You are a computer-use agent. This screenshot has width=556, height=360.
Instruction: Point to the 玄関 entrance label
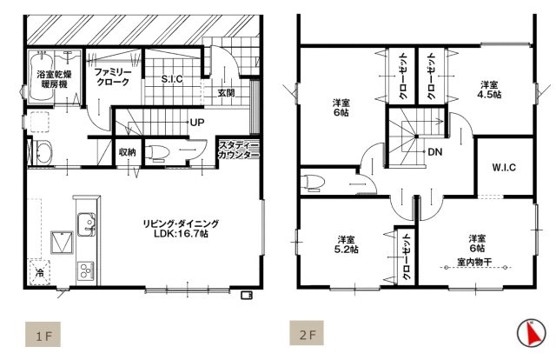(226, 92)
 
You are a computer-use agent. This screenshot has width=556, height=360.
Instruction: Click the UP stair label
(197, 123)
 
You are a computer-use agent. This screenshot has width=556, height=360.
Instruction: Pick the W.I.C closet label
(504, 168)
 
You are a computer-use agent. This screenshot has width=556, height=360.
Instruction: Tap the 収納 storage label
(127, 153)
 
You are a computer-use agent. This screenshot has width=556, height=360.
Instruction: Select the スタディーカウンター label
(238, 150)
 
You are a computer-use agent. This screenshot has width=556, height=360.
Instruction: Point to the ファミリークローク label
(113, 76)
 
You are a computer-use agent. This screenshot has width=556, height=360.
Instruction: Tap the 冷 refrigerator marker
(40, 273)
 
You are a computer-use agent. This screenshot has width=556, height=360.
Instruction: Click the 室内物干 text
(475, 260)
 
